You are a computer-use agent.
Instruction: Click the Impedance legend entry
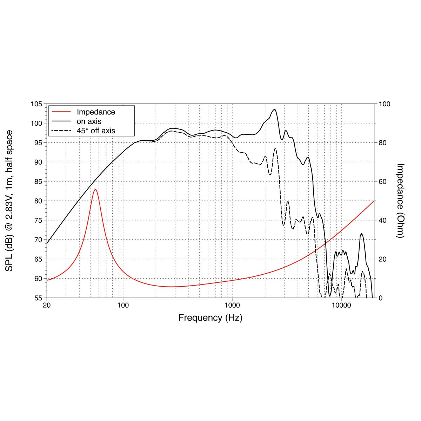coord(96,112)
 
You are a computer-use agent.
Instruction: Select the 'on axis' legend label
coord(89,121)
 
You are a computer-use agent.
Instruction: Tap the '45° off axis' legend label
coord(96,131)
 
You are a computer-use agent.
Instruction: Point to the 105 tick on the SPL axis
coord(36,104)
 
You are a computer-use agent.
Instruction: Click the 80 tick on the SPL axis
coord(38,201)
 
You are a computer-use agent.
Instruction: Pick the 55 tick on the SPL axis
coord(38,298)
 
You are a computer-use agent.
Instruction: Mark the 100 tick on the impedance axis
coord(384,104)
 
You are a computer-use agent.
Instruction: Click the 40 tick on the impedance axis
coord(382,220)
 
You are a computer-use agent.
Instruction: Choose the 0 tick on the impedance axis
coord(380,298)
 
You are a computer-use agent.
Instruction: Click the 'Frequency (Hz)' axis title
coord(210,318)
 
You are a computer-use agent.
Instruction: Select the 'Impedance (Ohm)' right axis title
coord(400,201)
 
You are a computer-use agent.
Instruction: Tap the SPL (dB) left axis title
coord(9,201)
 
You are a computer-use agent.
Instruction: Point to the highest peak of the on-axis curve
coord(274,109)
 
